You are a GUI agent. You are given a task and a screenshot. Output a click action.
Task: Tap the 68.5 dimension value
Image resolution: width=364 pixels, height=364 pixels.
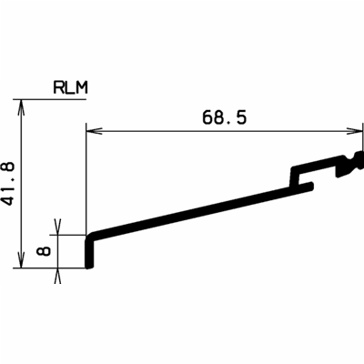click(x=223, y=117)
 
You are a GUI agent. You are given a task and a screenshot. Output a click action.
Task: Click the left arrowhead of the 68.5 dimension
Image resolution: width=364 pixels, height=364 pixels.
click(x=93, y=133)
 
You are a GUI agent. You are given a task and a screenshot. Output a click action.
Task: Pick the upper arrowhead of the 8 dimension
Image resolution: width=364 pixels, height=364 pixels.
click(x=60, y=227)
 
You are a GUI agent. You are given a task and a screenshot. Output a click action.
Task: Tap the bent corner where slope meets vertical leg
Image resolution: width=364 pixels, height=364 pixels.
click(x=88, y=238)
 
